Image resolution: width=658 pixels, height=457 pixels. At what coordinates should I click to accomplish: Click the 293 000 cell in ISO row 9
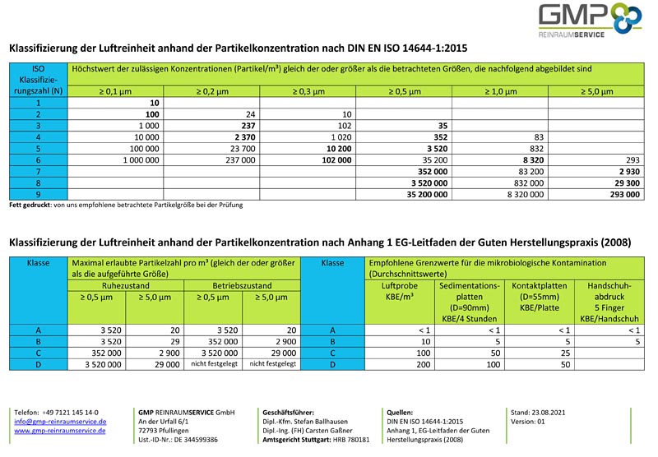(621, 195)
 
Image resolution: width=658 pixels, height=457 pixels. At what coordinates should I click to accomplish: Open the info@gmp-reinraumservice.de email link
(60, 421)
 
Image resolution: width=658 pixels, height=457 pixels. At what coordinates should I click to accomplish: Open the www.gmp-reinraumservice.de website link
(61, 431)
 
